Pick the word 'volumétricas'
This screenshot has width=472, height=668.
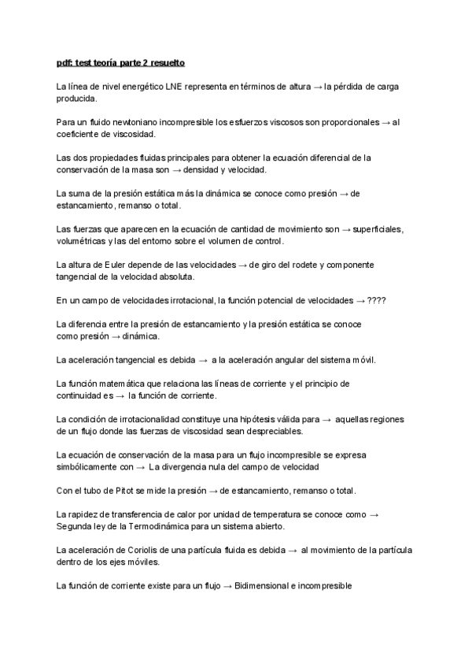pos(82,241)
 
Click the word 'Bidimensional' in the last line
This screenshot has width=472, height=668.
pos(264,586)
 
